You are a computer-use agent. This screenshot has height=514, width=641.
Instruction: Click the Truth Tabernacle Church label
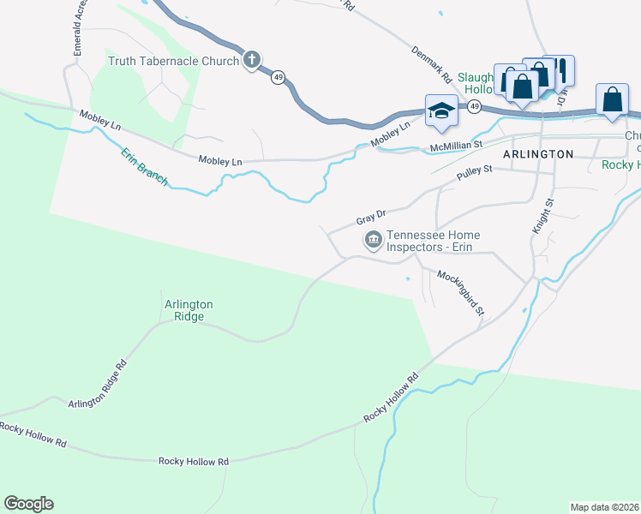click(x=173, y=61)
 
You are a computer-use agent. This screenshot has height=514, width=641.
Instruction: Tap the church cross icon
click(x=252, y=60)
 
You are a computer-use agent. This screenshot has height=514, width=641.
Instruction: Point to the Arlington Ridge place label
click(x=189, y=310)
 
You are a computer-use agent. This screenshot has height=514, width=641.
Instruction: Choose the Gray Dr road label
click(x=371, y=214)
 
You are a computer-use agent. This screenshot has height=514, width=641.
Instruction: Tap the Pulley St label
click(x=475, y=175)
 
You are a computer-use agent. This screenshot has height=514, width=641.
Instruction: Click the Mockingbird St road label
click(x=461, y=293)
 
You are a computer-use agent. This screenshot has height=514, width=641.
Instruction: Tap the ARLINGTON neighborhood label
click(x=538, y=154)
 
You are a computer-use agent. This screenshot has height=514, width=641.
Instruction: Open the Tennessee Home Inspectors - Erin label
click(x=433, y=242)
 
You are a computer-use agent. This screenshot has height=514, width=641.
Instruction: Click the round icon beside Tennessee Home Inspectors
click(x=374, y=240)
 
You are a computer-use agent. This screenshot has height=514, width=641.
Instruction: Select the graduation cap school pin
click(x=441, y=111)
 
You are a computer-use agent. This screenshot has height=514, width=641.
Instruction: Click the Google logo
click(x=28, y=504)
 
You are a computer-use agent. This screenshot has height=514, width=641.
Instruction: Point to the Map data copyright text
click(x=604, y=507)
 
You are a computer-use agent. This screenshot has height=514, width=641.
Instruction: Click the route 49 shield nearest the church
click(x=278, y=77)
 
